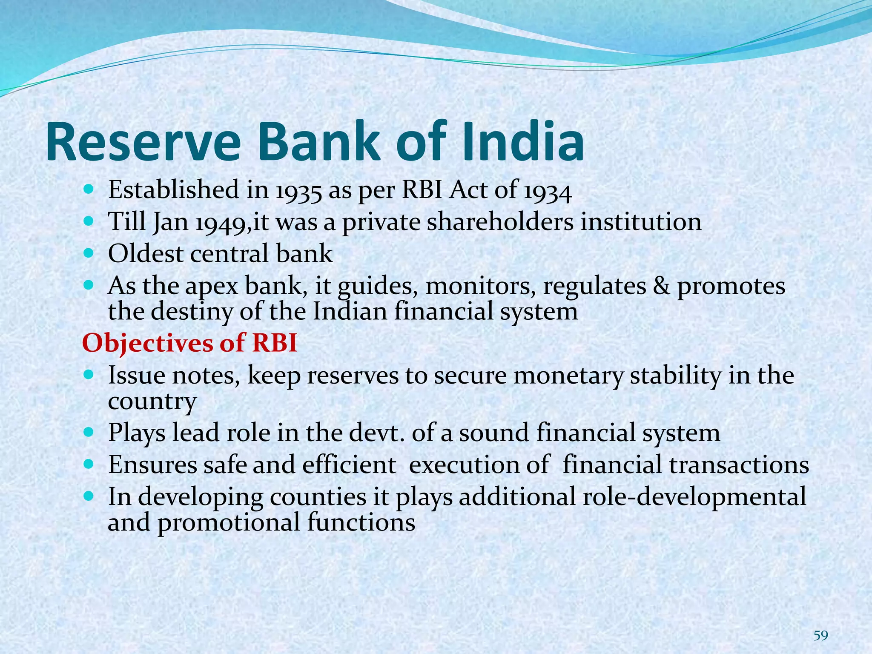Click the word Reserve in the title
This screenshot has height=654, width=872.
tap(143, 143)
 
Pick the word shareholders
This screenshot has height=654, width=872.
tap(500, 222)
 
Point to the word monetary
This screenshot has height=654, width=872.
tap(568, 376)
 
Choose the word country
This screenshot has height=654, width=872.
tap(152, 402)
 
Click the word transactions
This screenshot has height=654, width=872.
tap(739, 465)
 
